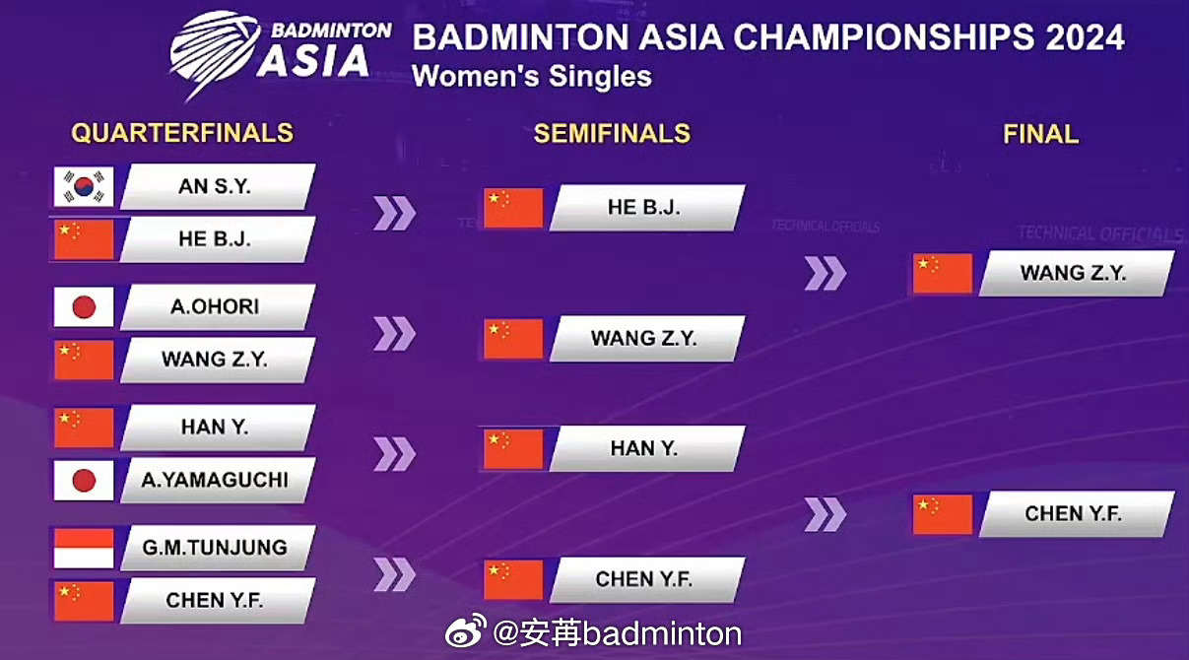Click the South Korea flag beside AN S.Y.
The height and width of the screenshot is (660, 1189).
[84, 186]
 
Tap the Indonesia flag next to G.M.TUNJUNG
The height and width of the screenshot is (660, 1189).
[84, 548]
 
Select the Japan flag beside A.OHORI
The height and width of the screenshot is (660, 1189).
[84, 307]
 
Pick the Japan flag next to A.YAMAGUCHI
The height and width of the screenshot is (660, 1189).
[84, 481]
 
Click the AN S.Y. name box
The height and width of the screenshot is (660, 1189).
[217, 186]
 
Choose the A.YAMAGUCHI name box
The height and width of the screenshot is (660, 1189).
[217, 481]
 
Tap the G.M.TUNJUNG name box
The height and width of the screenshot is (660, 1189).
[217, 548]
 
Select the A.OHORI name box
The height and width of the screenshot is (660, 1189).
[217, 307]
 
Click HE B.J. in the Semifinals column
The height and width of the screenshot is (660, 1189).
[645, 208]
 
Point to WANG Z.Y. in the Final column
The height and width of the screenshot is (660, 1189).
[1074, 273]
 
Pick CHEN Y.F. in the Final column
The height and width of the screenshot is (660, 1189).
[1074, 513]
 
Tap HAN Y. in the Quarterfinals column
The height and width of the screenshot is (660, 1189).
[217, 428]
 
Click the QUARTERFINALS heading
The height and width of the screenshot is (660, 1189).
[182, 133]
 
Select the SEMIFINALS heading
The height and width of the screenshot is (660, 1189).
[612, 134]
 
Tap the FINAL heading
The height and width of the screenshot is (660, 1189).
[1040, 134]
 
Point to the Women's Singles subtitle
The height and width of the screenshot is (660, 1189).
[532, 76]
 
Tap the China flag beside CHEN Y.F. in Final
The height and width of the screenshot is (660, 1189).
[943, 513]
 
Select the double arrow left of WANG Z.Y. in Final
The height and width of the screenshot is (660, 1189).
[826, 273]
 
